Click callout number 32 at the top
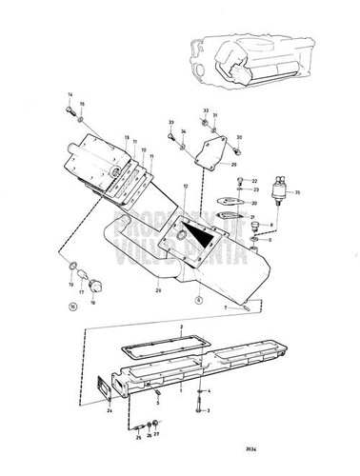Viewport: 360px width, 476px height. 206,111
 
